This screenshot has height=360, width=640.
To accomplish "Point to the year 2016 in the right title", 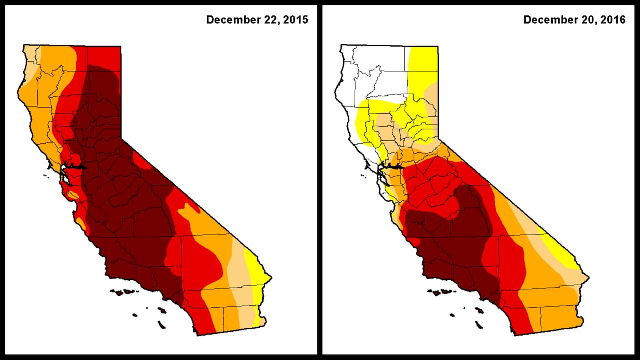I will (613, 20).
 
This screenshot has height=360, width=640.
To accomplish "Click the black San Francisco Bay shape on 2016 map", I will (395, 167).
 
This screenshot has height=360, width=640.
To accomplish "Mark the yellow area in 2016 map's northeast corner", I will (424, 65).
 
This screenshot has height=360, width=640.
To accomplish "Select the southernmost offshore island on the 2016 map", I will (479, 325).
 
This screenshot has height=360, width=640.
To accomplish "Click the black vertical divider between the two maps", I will (320, 180).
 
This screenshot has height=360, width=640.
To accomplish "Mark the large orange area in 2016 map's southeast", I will (550, 300).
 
